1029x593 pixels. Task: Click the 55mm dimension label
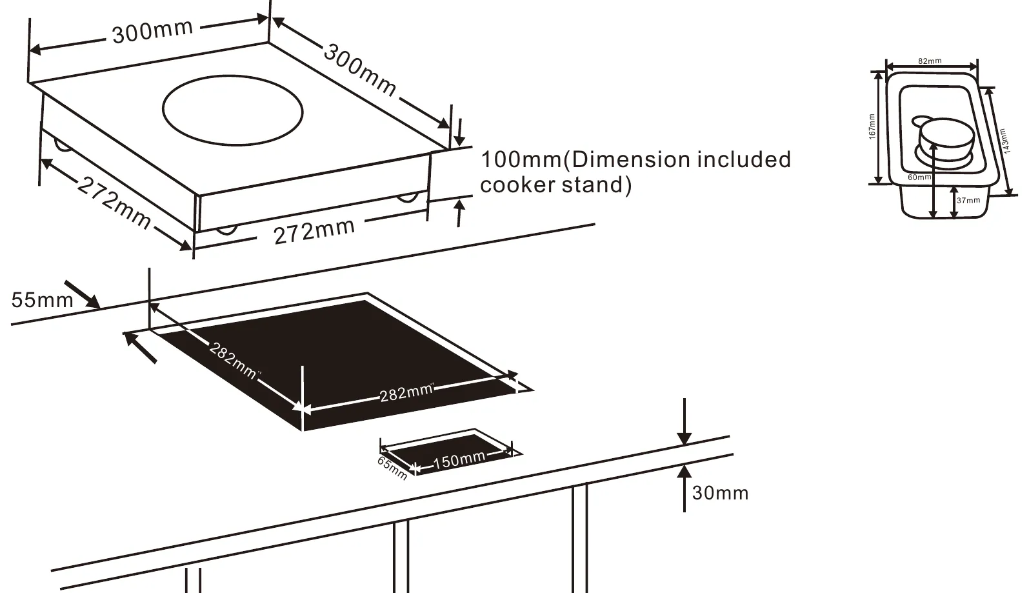[42, 300]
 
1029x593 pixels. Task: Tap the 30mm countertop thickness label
[720, 493]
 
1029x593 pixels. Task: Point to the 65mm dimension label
[392, 468]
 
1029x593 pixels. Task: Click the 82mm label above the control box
[930, 61]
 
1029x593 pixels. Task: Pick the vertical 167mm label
[872, 126]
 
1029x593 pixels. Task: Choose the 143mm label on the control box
[1004, 141]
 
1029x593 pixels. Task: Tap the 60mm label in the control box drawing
[919, 177]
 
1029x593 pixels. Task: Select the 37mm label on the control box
[968, 200]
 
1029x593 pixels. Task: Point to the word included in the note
[744, 159]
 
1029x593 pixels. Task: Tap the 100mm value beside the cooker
[521, 160]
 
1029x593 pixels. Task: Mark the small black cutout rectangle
[450, 452]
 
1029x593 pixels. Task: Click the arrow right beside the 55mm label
[82, 294]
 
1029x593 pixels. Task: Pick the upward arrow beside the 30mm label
[684, 488]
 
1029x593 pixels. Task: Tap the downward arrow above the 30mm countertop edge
[684, 421]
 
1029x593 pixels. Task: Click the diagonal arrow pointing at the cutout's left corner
[140, 348]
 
